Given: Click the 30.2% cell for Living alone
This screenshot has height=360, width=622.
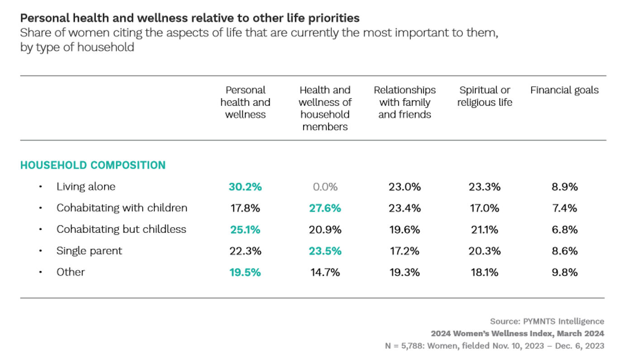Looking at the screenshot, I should click(245, 187).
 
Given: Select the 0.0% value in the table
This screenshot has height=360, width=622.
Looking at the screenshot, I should click(325, 187).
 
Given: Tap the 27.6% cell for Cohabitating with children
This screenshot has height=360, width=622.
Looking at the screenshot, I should click(325, 208).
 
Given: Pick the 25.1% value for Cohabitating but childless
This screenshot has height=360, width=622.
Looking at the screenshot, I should click(245, 229).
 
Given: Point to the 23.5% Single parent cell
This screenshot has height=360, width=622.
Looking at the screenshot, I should click(325, 251).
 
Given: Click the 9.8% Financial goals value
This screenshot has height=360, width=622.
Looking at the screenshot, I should click(565, 272).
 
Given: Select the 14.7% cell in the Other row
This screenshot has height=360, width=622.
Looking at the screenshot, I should click(325, 272).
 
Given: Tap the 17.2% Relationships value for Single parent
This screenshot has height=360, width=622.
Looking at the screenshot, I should click(404, 251).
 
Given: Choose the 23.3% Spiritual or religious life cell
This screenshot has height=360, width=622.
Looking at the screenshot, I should click(484, 187).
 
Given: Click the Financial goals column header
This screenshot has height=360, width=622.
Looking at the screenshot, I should click(564, 90).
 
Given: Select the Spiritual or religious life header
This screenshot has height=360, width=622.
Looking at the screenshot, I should click(484, 96).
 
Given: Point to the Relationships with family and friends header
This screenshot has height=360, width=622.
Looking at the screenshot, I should click(404, 102).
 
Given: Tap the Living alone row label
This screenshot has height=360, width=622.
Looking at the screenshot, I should click(86, 187).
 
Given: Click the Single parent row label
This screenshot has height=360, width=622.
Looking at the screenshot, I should click(89, 251).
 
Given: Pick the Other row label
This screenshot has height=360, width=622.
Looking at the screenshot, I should click(71, 272).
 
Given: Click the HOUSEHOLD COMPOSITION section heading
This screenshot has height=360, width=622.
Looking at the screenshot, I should click(93, 165).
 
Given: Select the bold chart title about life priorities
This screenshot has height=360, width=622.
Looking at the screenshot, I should click(190, 18).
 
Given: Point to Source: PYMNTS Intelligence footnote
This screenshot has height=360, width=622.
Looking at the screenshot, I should click(547, 322).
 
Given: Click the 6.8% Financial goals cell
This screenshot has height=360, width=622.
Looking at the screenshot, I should click(565, 229).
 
